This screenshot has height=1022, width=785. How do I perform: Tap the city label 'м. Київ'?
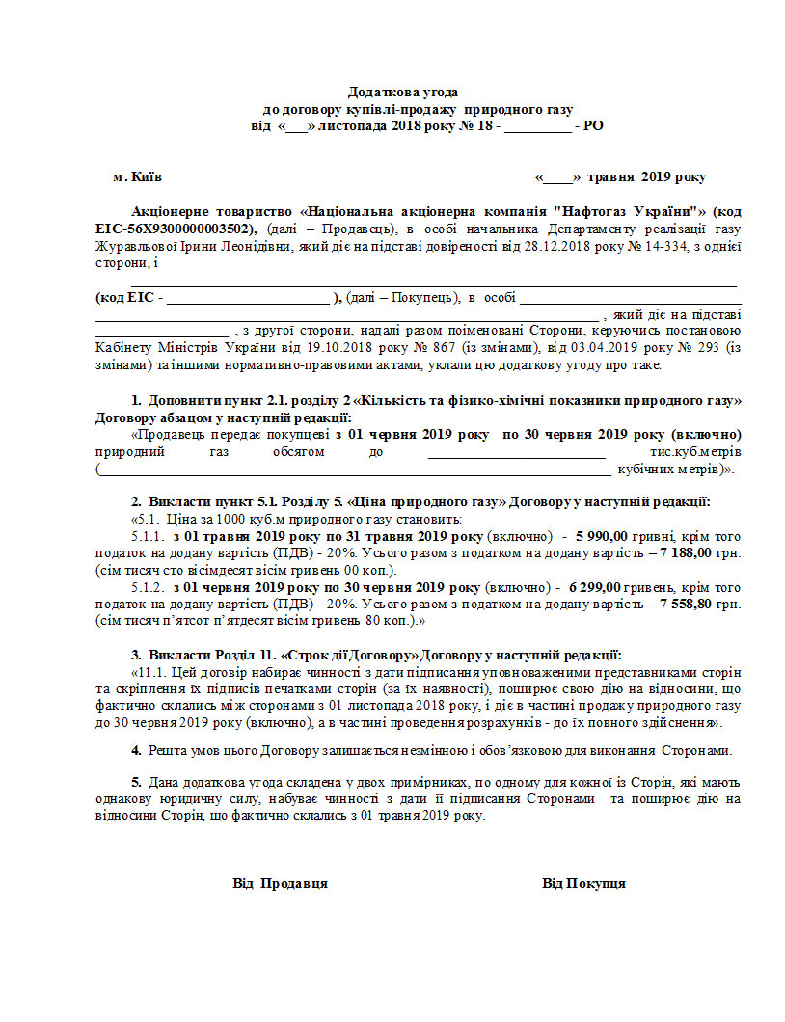point(137,177)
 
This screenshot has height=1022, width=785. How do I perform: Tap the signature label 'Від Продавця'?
point(280,883)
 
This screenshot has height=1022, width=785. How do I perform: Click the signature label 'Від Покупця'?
point(583,883)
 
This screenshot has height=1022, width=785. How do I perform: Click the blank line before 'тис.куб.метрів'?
point(516,453)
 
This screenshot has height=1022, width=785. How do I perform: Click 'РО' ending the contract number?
point(594,125)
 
